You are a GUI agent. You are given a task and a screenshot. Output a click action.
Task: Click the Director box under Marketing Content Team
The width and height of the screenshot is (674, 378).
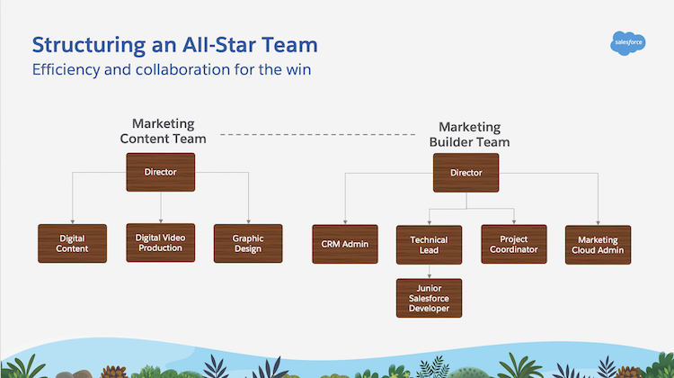click(161, 172)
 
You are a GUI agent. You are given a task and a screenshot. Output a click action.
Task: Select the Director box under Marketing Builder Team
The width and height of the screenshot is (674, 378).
click(466, 173)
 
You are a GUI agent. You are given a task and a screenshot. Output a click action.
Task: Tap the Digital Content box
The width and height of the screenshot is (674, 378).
click(72, 243)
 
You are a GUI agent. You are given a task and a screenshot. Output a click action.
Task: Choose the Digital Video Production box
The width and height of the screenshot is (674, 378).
click(160, 243)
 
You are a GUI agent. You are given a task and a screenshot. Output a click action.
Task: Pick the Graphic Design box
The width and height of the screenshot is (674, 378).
click(247, 243)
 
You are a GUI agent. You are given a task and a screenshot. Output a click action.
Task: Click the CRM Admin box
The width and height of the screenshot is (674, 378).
click(345, 244)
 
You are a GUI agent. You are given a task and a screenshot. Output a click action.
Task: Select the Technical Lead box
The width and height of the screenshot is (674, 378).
click(429, 245)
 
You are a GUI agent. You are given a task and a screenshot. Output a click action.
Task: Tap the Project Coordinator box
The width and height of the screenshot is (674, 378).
click(513, 244)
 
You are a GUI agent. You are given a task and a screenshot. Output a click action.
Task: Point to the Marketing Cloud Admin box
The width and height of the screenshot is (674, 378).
click(598, 244)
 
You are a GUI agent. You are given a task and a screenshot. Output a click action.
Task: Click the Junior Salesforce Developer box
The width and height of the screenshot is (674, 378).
click(429, 298)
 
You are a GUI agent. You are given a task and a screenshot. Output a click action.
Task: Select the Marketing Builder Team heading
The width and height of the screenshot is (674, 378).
click(469, 135)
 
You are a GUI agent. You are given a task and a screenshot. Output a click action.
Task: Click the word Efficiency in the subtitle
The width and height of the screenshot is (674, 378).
click(66, 70)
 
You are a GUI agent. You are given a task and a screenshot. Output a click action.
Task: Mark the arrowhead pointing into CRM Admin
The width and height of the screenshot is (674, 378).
click(345, 221)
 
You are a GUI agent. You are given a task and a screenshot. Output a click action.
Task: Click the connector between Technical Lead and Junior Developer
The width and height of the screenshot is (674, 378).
click(429, 271)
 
